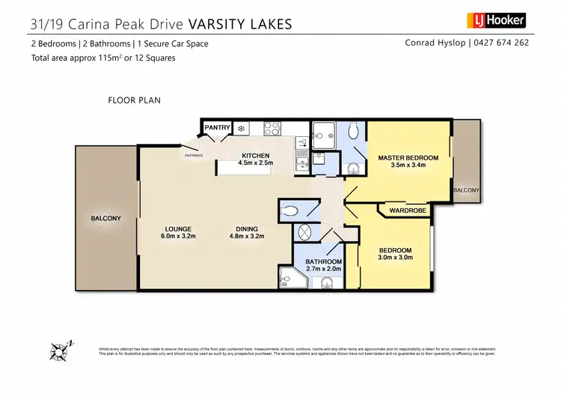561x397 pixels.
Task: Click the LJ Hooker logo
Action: click(x=497, y=20)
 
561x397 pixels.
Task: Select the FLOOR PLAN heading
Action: click(x=135, y=100)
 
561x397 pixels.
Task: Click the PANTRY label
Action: click(x=217, y=128)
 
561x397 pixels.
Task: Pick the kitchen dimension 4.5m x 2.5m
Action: click(x=256, y=163)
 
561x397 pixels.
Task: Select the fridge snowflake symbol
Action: click(x=242, y=129)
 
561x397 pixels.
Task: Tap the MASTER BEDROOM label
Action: click(x=408, y=158)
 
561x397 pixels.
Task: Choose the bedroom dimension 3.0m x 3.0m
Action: click(x=395, y=258)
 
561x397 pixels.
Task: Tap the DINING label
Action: click(x=247, y=229)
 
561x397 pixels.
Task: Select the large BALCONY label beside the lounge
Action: click(x=105, y=218)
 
